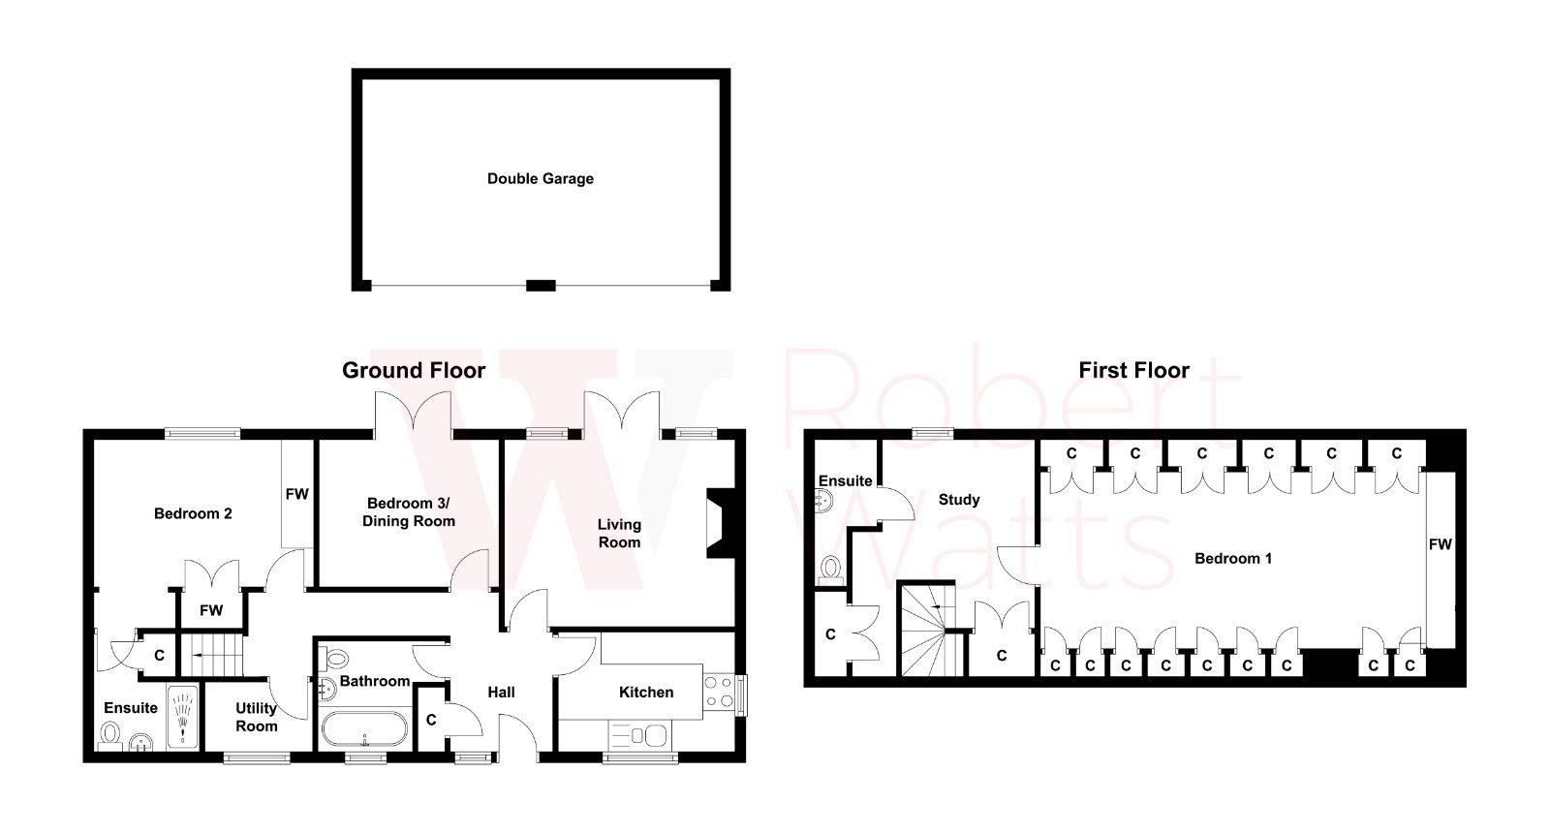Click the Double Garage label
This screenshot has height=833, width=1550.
pyautogui.click(x=540, y=178)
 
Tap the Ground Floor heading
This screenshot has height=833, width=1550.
pyautogui.click(x=414, y=370)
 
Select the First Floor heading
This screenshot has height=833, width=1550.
pyautogui.click(x=1133, y=370)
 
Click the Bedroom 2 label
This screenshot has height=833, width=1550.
pyautogui.click(x=193, y=513)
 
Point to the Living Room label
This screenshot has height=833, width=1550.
pyautogui.click(x=619, y=534)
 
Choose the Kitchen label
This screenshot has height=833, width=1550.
pyautogui.click(x=646, y=692)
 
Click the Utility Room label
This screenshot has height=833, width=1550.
pyautogui.click(x=257, y=718)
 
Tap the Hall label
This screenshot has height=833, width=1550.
pyautogui.click(x=501, y=692)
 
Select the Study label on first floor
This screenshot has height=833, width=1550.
pyautogui.click(x=959, y=500)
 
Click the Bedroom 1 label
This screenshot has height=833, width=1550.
pyautogui.click(x=1232, y=558)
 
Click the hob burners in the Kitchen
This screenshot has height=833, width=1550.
pyautogui.click(x=719, y=692)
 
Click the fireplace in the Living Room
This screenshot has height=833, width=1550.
pyautogui.click(x=719, y=523)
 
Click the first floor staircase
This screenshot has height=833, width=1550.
pyautogui.click(x=928, y=630)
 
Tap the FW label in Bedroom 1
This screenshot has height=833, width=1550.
pyautogui.click(x=1440, y=544)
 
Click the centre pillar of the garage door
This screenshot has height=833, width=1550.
pyautogui.click(x=541, y=285)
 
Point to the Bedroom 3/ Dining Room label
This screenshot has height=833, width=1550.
pyautogui.click(x=409, y=512)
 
